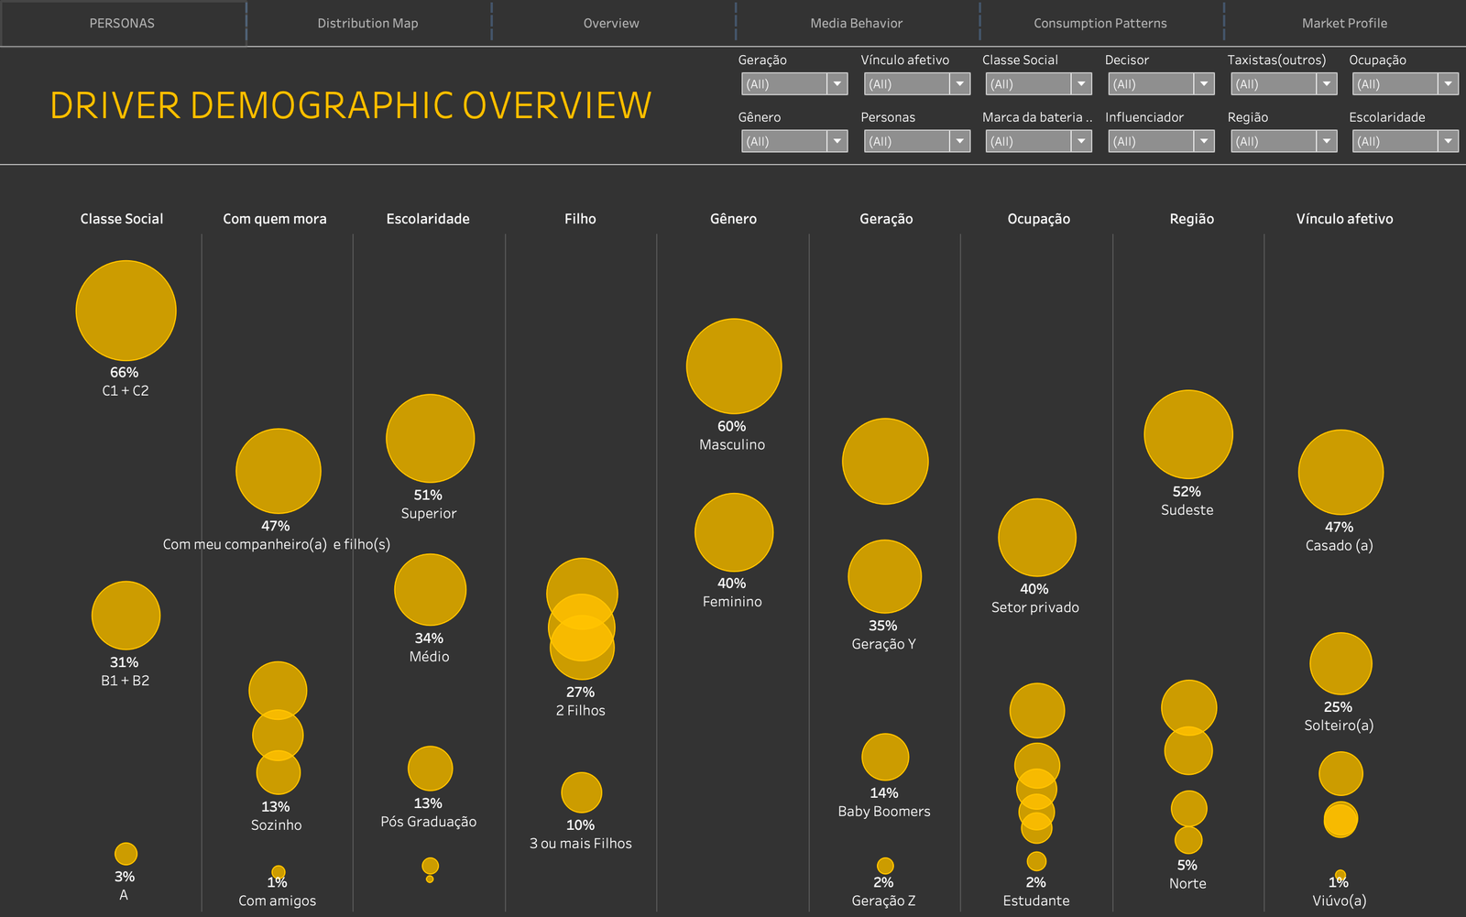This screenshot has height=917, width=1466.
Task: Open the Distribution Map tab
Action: point(367,23)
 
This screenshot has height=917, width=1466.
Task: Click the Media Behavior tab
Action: point(856,23)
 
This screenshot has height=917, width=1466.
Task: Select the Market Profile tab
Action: point(1344,23)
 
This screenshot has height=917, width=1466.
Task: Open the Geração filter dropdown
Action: point(793,83)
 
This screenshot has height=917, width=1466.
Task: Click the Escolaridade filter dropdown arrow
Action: point(1448,141)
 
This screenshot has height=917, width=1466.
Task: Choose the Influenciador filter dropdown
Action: point(1161,141)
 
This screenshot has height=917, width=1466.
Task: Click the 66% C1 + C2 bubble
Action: point(126,311)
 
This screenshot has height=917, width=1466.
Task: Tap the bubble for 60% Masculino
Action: point(734,366)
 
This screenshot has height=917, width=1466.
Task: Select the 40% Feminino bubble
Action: point(734,533)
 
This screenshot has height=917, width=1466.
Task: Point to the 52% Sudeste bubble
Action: point(1187,434)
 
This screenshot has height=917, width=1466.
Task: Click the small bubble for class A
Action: point(126,854)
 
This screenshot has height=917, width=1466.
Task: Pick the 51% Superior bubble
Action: point(430,439)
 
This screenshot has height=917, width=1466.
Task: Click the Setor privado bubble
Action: point(1036,538)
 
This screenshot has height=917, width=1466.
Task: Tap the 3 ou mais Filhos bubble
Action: point(581,792)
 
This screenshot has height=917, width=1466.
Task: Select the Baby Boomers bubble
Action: point(885,758)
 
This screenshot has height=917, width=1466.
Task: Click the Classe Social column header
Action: point(122,219)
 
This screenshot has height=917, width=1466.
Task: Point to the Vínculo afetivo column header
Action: point(1344,219)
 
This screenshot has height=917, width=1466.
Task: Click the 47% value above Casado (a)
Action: point(1339,527)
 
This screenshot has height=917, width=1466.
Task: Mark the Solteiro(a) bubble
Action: point(1340,663)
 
